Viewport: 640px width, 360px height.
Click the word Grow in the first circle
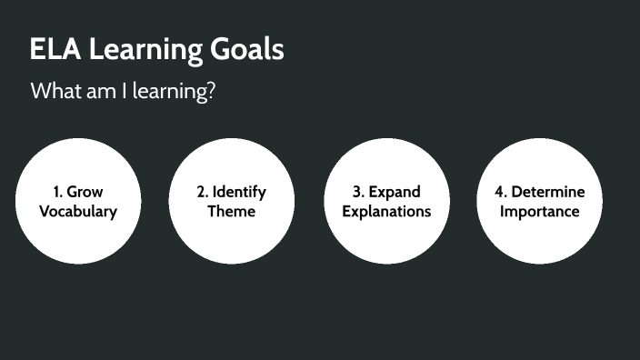(85, 193)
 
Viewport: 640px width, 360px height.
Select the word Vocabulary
(78, 212)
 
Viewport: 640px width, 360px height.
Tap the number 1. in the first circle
(58, 193)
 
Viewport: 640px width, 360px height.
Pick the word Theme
(232, 212)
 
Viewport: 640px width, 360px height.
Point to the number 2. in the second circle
(203, 193)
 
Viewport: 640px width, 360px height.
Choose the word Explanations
(386, 212)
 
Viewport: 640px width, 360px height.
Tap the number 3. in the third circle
(359, 193)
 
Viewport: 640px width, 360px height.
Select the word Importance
(539, 212)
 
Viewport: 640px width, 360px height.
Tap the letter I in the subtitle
(124, 92)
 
